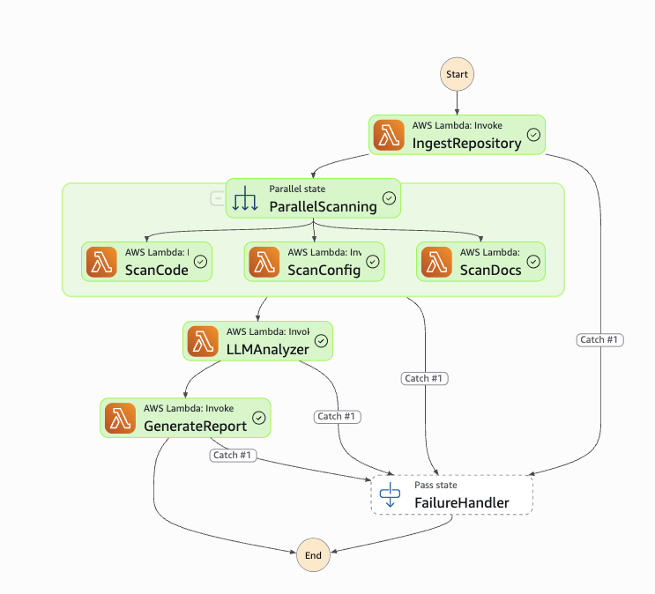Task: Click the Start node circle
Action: (457, 74)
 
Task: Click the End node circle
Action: (313, 555)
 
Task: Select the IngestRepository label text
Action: (466, 143)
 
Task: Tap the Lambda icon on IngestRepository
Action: (389, 135)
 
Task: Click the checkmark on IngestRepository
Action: (533, 135)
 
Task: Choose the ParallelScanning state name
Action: (323, 207)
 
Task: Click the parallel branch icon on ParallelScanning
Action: (244, 199)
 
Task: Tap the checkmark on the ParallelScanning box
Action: (389, 199)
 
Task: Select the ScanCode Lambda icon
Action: (101, 262)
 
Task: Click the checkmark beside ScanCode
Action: (200, 262)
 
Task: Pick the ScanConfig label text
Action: (324, 270)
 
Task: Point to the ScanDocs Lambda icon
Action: (436, 262)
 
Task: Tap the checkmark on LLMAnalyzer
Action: (321, 341)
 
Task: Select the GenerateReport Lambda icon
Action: (120, 418)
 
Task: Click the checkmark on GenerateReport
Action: (258, 418)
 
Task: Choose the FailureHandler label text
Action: (461, 503)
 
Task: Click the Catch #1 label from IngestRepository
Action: (600, 339)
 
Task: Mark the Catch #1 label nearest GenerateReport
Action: (234, 456)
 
